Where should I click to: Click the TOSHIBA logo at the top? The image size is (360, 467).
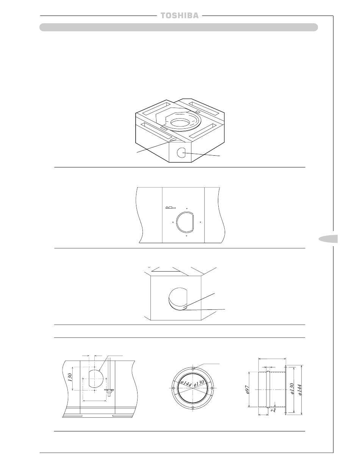click(x=180, y=16)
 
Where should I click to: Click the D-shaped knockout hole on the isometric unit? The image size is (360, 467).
click(x=181, y=153)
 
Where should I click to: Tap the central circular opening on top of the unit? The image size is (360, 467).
click(x=182, y=122)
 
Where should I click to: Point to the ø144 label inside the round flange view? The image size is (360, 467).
click(x=186, y=384)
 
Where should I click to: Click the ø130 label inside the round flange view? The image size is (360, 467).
click(x=199, y=383)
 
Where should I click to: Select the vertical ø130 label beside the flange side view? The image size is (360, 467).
click(x=292, y=389)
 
